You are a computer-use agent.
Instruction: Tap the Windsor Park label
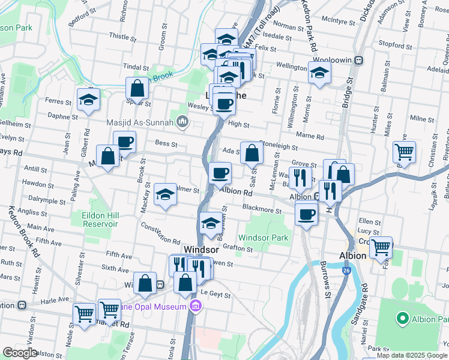[263, 238]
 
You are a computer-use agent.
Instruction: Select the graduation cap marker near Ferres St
[88, 99]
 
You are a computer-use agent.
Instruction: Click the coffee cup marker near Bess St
[124, 142]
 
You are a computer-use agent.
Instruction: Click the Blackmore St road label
[262, 210]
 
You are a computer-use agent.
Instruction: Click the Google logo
[20, 353]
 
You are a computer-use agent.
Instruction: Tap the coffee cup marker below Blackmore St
[306, 214]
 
